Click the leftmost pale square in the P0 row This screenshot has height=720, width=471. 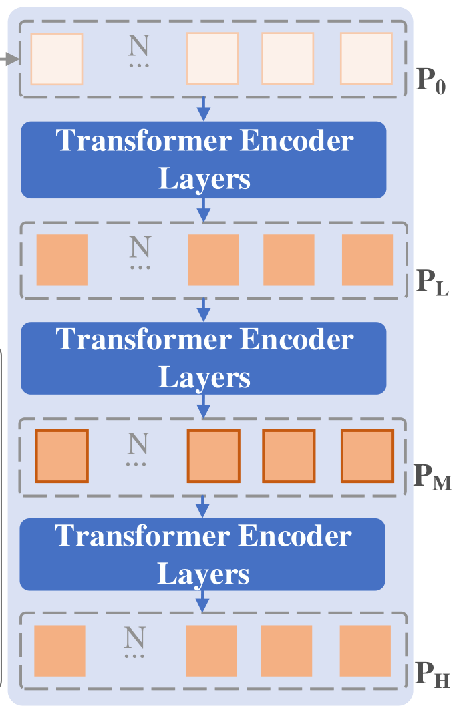click(57, 59)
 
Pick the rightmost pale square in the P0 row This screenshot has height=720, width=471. click(366, 59)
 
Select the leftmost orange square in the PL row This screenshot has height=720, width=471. click(61, 260)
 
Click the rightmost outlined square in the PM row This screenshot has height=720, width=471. click(367, 456)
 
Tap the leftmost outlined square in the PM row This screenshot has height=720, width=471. click(61, 456)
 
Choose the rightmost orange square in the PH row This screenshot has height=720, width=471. click(365, 651)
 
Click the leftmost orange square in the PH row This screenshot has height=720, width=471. click(59, 651)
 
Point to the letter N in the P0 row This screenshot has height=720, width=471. click(139, 45)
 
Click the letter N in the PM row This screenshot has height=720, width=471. click(138, 442)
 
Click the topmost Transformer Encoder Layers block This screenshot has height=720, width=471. click(204, 160)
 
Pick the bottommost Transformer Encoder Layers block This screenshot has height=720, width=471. click(202, 554)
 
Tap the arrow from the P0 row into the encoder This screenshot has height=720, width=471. click(204, 108)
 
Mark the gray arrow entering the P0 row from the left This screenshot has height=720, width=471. click(8, 61)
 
